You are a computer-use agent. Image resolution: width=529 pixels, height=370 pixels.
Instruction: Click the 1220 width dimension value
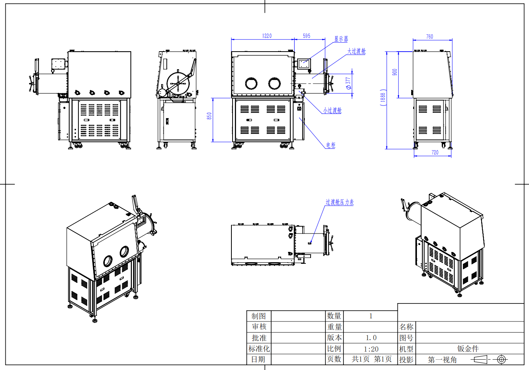point(267,36)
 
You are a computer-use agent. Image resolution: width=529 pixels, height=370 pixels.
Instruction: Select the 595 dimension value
point(306,36)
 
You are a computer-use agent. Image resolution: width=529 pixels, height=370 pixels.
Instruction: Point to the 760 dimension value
point(430,37)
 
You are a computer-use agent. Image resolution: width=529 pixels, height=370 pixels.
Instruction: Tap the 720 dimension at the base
point(435,153)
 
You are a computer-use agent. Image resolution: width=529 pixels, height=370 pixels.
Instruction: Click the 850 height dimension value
point(209,116)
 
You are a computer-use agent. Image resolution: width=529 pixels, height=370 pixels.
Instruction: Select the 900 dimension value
point(395,72)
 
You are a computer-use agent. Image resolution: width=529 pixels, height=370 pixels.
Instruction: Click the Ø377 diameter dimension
point(348,83)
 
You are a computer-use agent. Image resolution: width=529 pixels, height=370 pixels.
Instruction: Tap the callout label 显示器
point(341,39)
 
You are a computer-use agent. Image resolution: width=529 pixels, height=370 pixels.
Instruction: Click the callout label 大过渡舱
point(356,51)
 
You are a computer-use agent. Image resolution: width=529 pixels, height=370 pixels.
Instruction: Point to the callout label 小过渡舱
point(332,110)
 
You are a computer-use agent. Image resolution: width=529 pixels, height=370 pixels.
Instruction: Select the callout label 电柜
point(330,145)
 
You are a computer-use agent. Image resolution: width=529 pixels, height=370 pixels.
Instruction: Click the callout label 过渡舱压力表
point(340,202)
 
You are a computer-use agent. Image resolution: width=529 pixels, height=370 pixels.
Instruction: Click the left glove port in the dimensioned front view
point(251,83)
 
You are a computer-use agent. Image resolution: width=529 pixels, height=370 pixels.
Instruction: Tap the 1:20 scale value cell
point(371,349)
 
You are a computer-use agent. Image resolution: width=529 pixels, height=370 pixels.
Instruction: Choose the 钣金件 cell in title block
point(468,349)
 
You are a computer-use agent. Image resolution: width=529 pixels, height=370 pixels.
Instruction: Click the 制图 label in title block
point(259,316)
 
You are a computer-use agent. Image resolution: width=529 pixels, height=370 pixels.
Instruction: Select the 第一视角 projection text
point(442,360)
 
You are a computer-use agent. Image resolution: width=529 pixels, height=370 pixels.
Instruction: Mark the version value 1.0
point(371,338)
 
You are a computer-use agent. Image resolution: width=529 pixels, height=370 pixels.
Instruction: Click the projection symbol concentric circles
point(501,359)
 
